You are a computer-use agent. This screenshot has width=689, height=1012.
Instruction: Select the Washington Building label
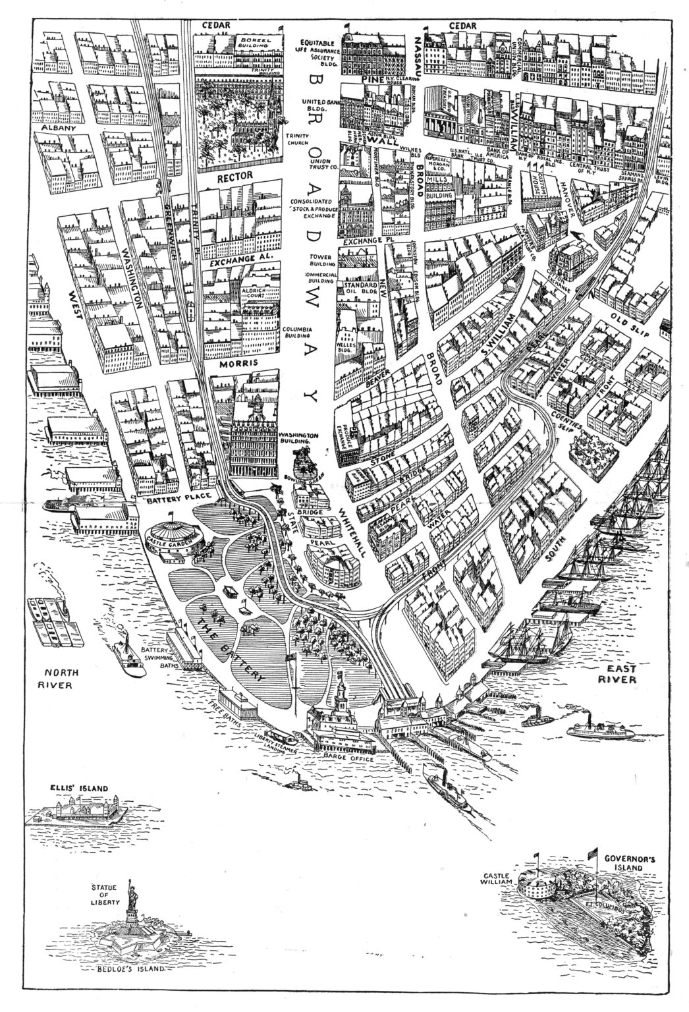click(298, 439)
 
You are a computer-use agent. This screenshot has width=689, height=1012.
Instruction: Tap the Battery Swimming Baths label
click(156, 658)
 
